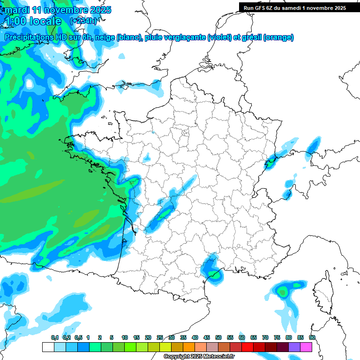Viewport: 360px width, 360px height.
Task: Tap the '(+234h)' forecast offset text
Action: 83,21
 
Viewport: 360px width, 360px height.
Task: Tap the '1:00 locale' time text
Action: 32,21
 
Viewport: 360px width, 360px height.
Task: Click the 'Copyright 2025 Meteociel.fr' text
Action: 199,357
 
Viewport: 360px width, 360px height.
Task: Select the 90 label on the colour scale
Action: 312,337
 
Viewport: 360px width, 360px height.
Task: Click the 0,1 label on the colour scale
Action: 54,337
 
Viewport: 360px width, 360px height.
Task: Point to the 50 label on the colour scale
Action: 218,337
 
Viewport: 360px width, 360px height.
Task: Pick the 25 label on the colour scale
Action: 160,337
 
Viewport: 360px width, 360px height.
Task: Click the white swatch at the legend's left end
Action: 48,347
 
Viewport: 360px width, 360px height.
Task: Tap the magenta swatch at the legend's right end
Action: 306,347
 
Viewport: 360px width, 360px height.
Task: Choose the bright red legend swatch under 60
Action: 247,347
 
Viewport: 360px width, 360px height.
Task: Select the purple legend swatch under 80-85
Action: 294,347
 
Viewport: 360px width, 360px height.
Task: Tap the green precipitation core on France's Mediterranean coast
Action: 215,274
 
